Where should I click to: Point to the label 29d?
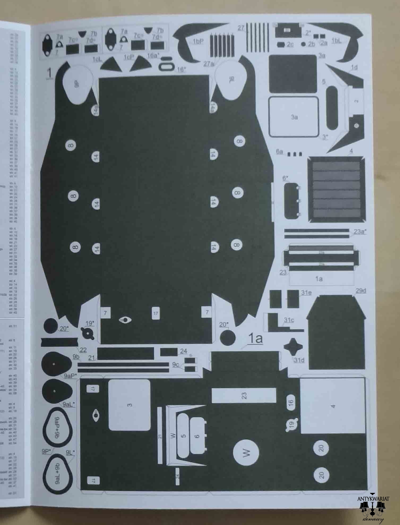(361, 291)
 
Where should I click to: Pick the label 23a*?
(360, 231)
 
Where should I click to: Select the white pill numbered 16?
(291, 402)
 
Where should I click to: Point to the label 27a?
(209, 64)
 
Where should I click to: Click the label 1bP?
(198, 42)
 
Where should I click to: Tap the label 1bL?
(337, 41)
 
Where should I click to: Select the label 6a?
(280, 152)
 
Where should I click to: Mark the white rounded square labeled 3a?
(294, 117)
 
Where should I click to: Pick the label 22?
(83, 350)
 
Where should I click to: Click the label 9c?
(175, 364)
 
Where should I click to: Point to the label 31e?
(306, 293)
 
